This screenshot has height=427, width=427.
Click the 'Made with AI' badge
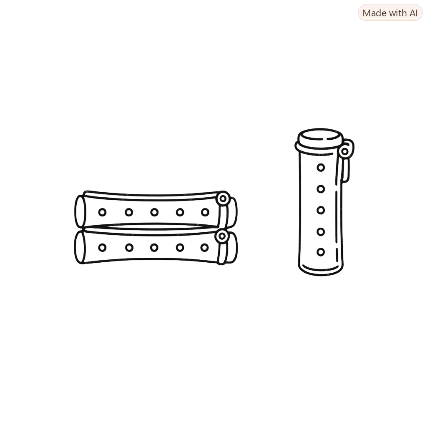[x=390, y=13]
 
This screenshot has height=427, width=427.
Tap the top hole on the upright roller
[x=321, y=168]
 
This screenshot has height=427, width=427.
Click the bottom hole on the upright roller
[x=321, y=252]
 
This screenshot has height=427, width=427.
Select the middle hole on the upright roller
[x=321, y=210]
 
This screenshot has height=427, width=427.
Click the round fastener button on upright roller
[x=345, y=151]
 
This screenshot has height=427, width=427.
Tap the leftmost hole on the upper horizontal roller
[x=103, y=212]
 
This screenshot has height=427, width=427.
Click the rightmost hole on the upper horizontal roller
[x=205, y=212]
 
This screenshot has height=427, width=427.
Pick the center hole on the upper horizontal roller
[x=154, y=212]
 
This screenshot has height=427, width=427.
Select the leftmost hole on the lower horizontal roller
[x=103, y=248]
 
